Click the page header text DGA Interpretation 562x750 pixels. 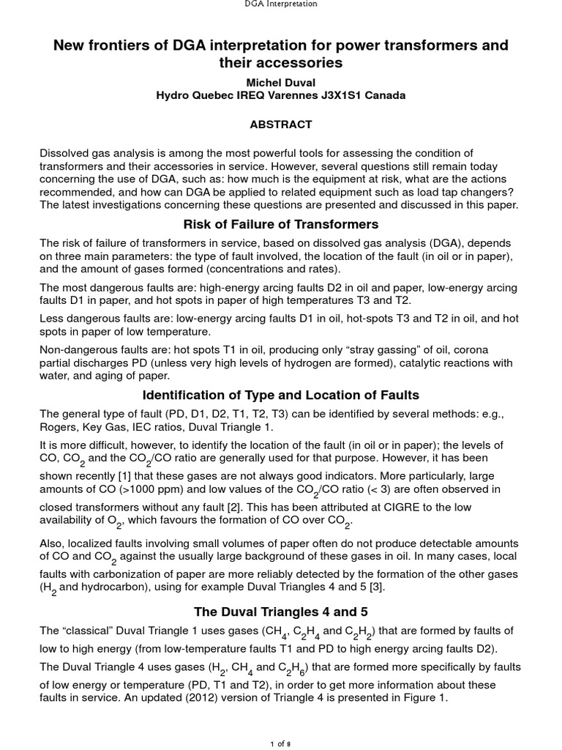click(280, 4)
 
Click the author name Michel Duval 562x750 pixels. click(280, 81)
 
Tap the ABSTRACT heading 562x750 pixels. click(280, 125)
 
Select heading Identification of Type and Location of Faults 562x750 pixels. click(280, 395)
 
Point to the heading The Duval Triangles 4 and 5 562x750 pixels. click(280, 612)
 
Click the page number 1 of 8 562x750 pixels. click(280, 743)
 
